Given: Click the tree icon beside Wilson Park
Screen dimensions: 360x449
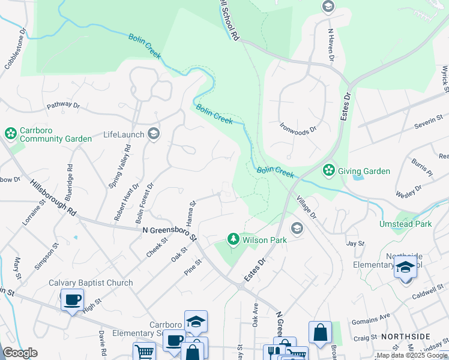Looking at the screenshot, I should click(234, 240).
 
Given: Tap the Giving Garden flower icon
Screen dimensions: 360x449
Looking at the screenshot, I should click(328, 171).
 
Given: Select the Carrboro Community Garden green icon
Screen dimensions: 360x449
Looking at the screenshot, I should click(10, 133).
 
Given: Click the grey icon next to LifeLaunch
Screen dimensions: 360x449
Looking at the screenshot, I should click(154, 134).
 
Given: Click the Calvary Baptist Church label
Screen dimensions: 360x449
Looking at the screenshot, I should click(91, 283).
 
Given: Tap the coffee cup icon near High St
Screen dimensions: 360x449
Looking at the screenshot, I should click(73, 299).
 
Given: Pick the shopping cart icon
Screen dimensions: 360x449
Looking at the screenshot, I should click(144, 352).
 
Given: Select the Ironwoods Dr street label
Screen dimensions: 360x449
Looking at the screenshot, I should click(298, 127).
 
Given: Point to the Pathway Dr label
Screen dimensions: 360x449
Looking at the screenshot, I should click(64, 105).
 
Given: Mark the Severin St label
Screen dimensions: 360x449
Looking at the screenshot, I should click(428, 125).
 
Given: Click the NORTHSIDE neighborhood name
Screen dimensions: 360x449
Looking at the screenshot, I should click(414, 337).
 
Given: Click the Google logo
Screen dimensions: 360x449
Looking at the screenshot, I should click(20, 353).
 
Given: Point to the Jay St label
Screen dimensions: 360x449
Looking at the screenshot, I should click(355, 243).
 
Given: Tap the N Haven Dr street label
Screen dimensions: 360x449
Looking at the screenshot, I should click(330, 44).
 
